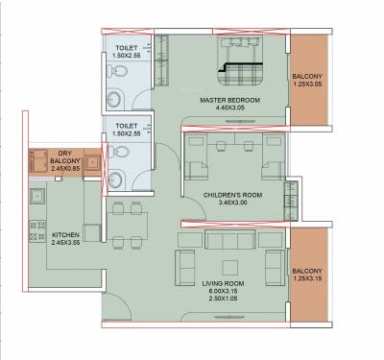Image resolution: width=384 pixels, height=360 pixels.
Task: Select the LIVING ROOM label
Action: coord(228,283)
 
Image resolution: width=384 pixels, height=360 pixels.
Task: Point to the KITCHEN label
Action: coord(65,233)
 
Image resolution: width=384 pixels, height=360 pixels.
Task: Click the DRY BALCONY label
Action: coord(65,157)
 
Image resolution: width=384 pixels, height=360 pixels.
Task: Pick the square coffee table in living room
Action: coord(229,267)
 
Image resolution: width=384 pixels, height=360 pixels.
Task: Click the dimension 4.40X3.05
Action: coord(224,108)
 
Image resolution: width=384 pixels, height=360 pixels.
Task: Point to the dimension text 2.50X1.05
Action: coord(228,301)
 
